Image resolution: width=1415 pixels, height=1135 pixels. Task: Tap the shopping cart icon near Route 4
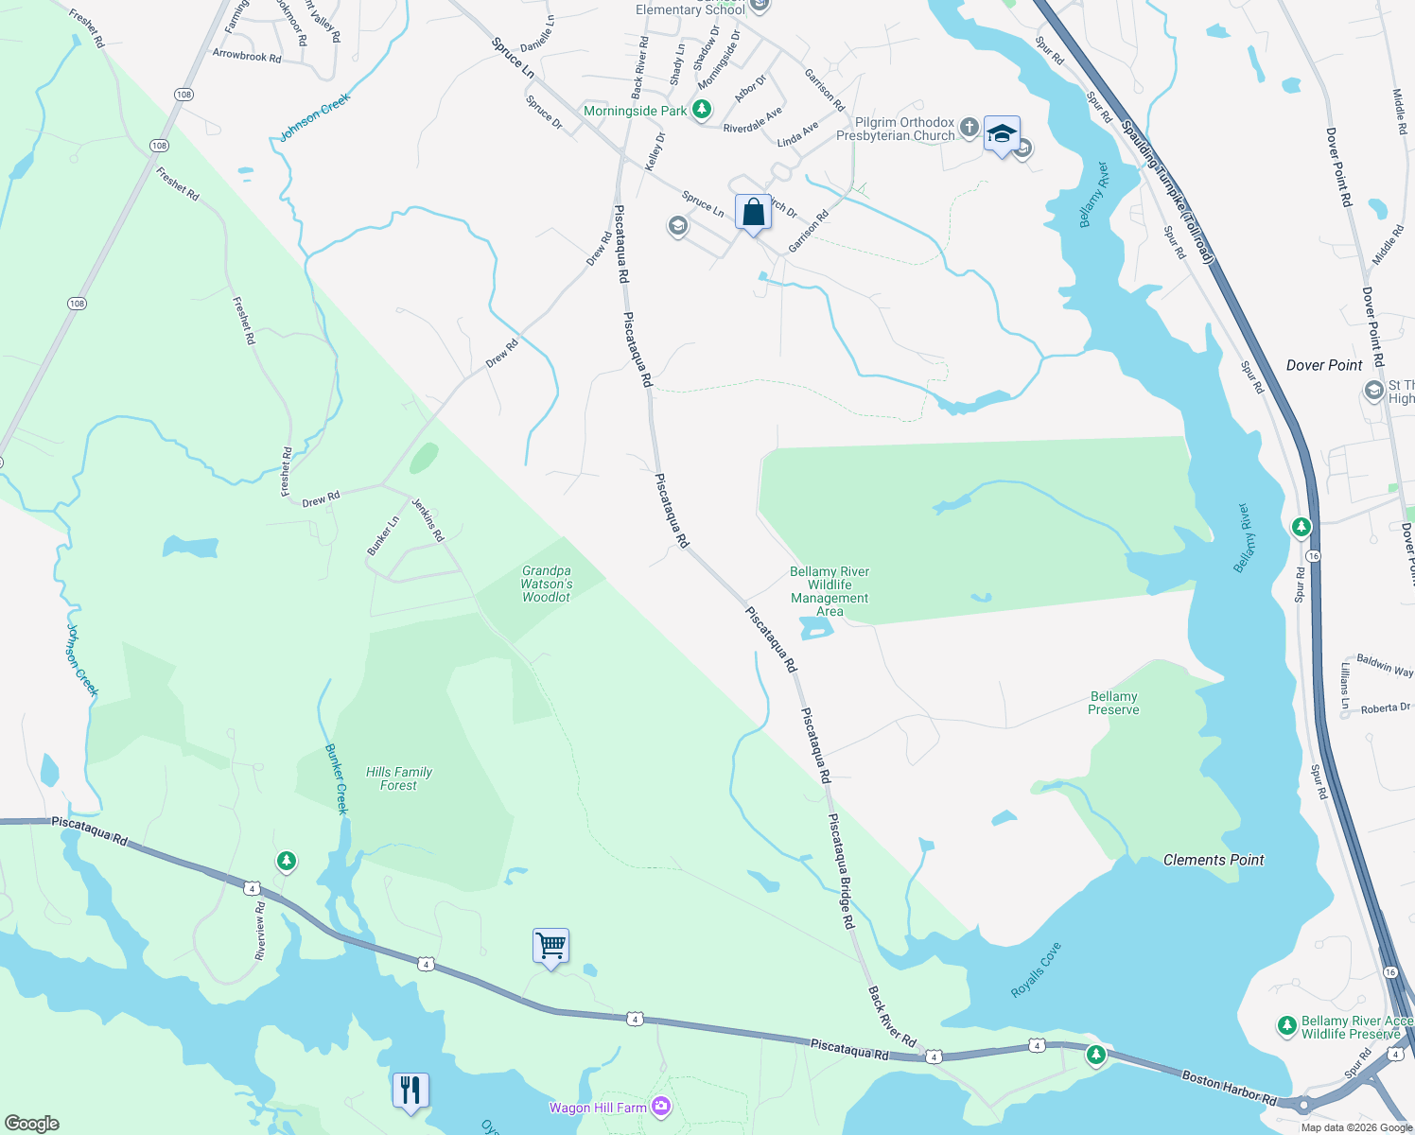(550, 946)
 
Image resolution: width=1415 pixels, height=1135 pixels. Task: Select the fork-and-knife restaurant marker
(411, 1091)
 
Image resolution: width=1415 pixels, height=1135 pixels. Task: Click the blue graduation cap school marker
(1002, 134)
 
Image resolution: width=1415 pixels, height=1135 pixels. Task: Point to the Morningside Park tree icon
(701, 111)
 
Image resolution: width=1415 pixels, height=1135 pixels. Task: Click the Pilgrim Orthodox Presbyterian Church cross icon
(969, 127)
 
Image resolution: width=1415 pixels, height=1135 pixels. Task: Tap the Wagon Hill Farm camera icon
(661, 1107)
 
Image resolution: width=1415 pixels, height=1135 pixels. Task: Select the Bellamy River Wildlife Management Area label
(830, 591)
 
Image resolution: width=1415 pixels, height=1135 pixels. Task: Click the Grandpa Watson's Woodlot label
(547, 584)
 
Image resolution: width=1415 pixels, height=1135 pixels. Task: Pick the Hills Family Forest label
(399, 778)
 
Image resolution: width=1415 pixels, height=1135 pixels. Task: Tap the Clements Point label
(1214, 860)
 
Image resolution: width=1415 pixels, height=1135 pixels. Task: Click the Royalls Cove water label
(1037, 969)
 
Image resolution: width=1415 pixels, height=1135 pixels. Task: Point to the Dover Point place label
(1324, 365)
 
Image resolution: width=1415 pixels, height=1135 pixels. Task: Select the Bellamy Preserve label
(1113, 703)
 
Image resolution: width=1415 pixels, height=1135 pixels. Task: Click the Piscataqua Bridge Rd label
(842, 870)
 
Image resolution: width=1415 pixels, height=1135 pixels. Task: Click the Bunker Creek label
(337, 779)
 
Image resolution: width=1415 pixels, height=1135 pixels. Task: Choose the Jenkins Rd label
(428, 519)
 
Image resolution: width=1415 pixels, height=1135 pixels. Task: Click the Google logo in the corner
(31, 1123)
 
